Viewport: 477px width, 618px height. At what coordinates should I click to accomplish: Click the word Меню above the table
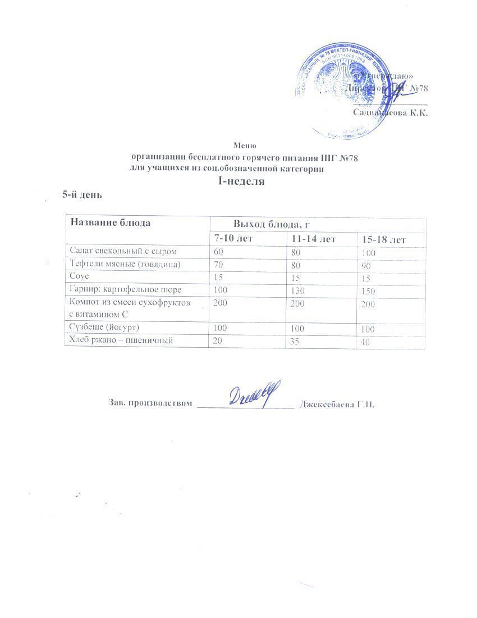point(245,146)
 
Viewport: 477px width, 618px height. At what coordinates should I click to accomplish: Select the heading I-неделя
point(241,181)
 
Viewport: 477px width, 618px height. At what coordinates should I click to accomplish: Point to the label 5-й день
point(82,194)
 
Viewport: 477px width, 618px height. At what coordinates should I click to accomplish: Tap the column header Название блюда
point(110,222)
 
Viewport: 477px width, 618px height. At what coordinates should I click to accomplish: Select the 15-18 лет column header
point(384,240)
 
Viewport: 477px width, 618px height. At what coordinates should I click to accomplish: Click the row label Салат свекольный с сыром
point(118,251)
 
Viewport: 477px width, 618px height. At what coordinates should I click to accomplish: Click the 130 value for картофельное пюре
point(298,290)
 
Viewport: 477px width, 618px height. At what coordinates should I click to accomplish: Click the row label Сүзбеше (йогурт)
point(104,327)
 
